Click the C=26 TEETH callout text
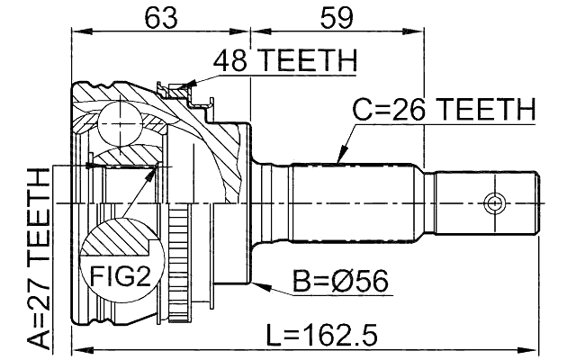[x=443, y=110]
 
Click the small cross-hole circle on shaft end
[x=492, y=202]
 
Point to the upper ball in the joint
[x=119, y=123]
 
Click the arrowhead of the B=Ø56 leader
[x=258, y=285]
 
